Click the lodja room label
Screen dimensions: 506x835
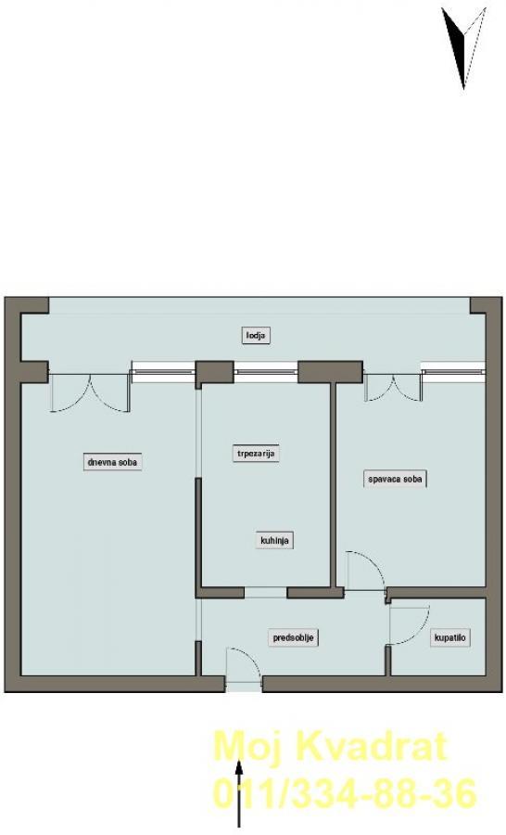256,336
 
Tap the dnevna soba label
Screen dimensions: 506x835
112,462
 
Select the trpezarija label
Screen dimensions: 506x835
256,454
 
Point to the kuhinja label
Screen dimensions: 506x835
274,541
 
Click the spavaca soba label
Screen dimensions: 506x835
396,479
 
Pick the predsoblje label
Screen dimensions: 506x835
293,637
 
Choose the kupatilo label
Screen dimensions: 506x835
450,637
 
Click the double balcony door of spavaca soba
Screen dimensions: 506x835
393,388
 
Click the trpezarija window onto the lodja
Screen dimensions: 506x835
265,369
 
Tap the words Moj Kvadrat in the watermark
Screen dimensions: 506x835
330,747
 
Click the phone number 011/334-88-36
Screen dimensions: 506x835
345,793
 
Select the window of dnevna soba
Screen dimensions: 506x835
163,369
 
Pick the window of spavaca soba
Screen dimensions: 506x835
453,368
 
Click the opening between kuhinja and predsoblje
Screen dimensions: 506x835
265,592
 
